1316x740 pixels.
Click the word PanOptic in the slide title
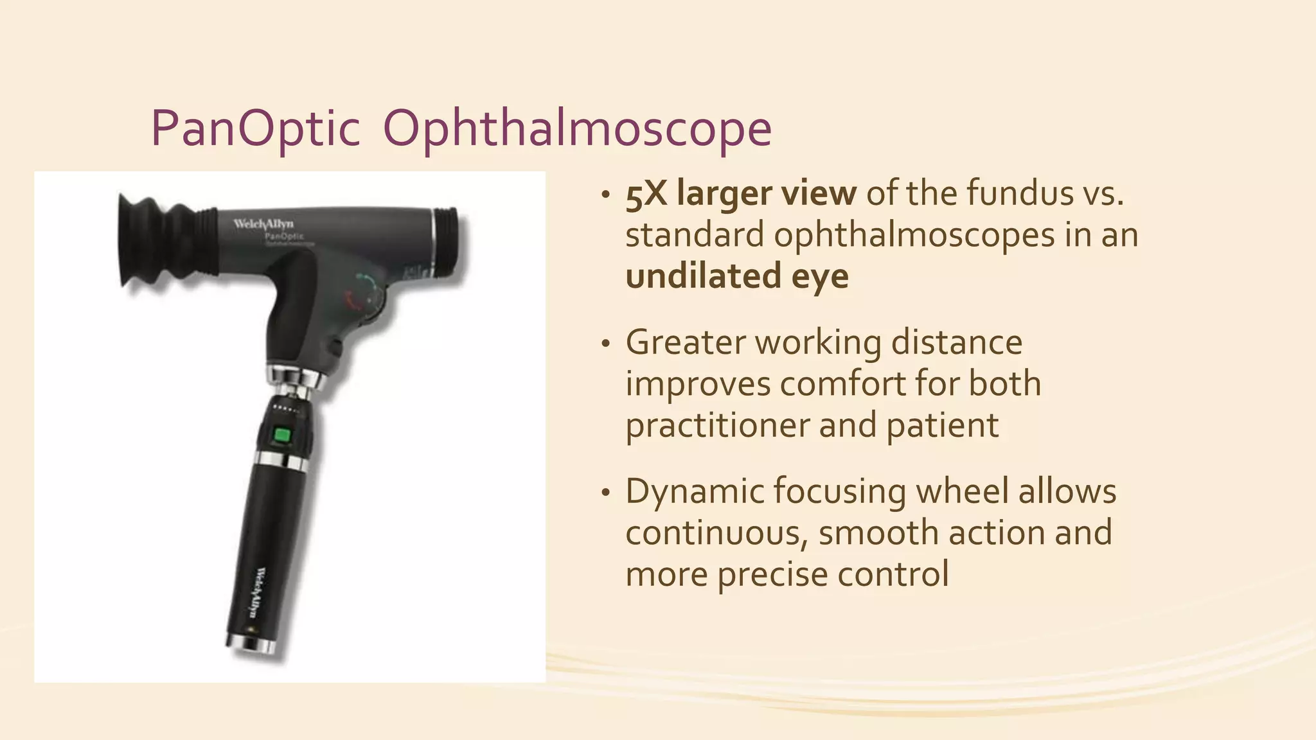pyautogui.click(x=254, y=129)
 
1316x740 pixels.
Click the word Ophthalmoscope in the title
pyautogui.click(x=576, y=129)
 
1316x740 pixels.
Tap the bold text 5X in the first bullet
pyautogui.click(x=646, y=193)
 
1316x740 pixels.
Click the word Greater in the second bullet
pyautogui.click(x=685, y=342)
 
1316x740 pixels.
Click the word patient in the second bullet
pyautogui.click(x=942, y=425)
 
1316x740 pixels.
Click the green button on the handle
pyautogui.click(x=281, y=436)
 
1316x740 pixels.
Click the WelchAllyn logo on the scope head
pyautogui.click(x=263, y=224)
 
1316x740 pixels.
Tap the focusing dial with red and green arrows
pyautogui.click(x=364, y=292)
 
